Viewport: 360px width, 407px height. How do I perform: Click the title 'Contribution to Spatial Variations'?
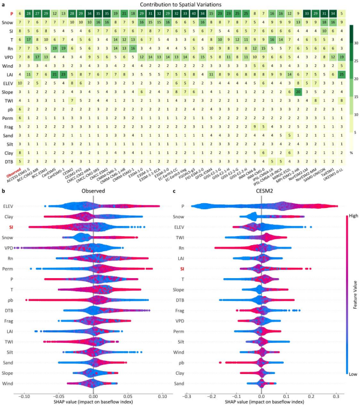point(179,5)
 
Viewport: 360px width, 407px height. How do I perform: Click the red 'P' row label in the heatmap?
point(11,13)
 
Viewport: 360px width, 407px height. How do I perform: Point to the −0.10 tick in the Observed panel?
point(24,396)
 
